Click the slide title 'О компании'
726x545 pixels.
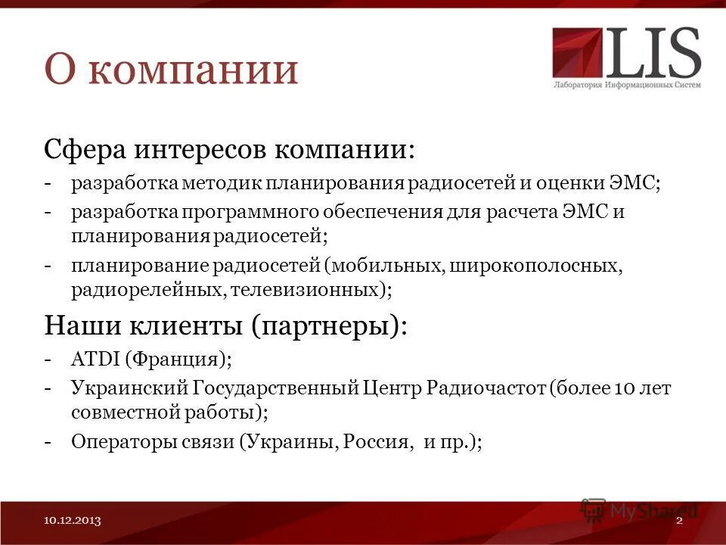[171, 69]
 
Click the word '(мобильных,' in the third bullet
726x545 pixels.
[384, 266]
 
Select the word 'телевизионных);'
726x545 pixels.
[312, 289]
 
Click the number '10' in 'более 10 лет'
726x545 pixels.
[622, 389]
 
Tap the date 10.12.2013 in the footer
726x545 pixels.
[73, 521]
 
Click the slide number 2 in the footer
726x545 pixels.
[679, 521]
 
